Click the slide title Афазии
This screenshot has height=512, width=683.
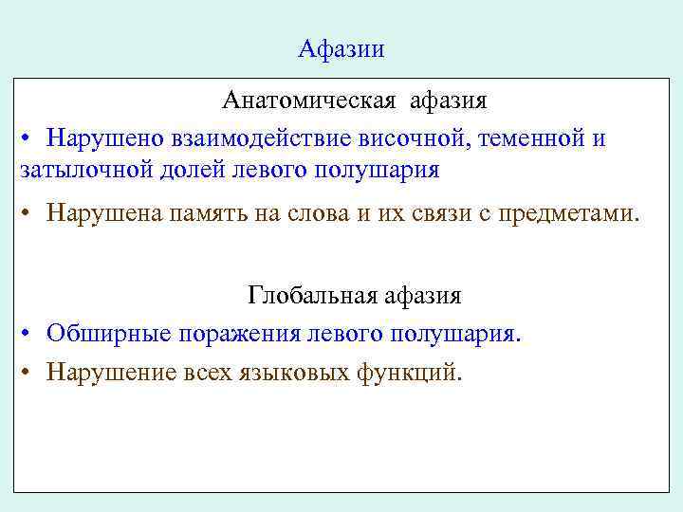341,49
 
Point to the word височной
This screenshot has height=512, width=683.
412,139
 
